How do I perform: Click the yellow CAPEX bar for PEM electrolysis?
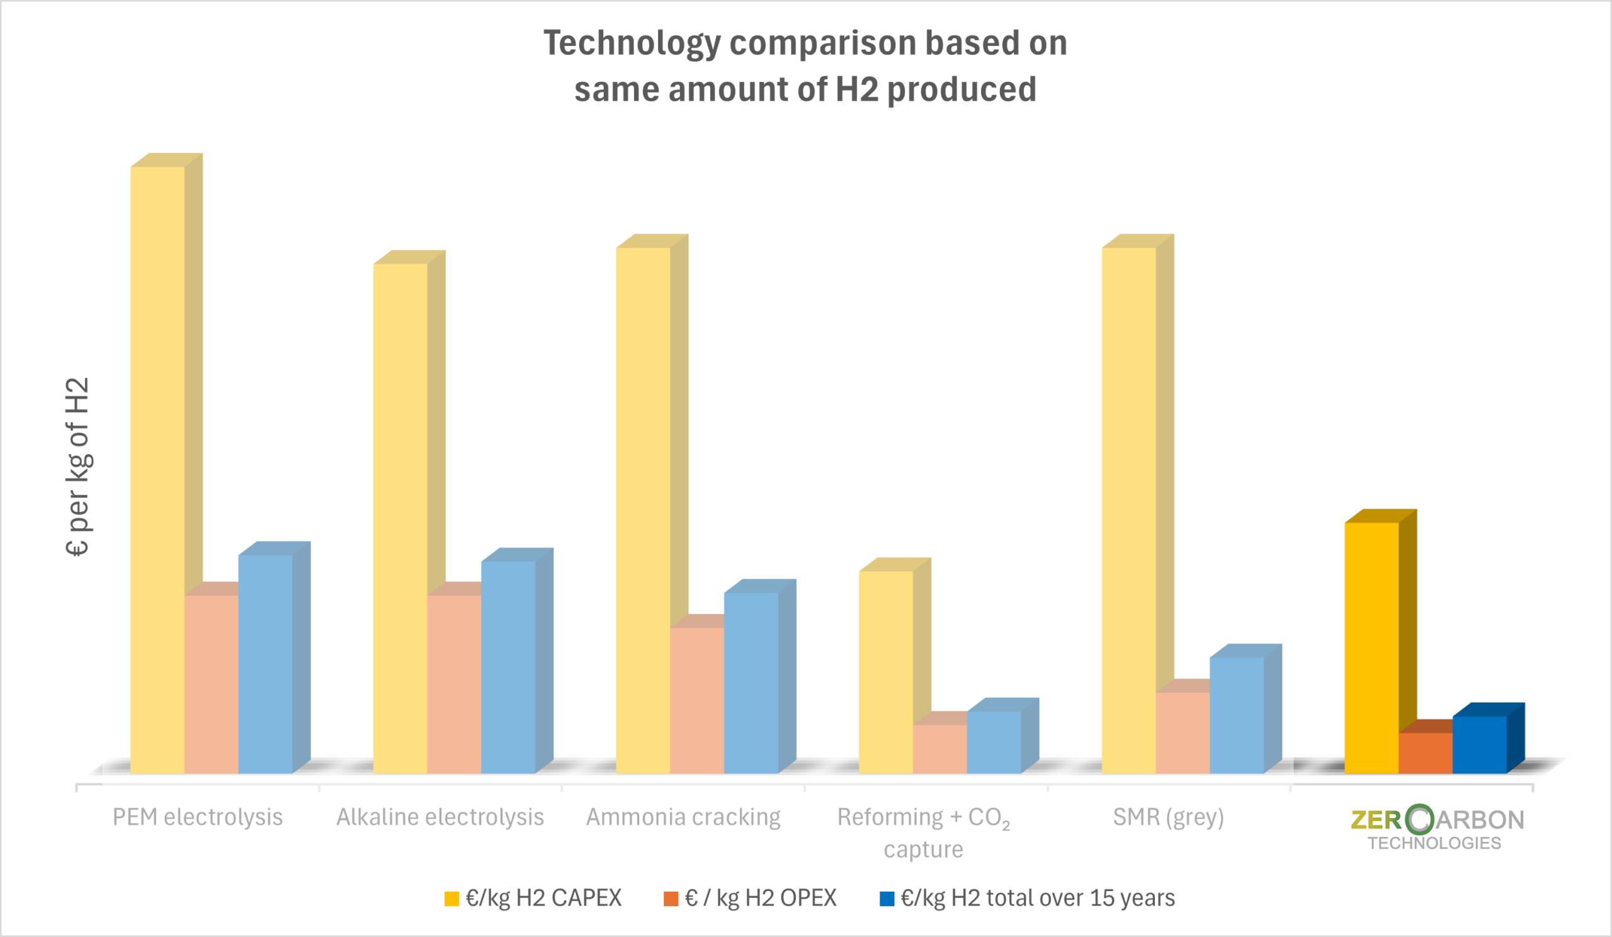coord(157,470)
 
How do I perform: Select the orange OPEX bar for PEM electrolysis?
coord(211,684)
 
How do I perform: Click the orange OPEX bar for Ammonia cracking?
coord(696,700)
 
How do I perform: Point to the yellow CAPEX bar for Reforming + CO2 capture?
coord(885,671)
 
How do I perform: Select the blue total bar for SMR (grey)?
coord(1237,715)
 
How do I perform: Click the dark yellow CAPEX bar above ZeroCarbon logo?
coord(1371,647)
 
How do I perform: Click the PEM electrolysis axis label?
coord(198,817)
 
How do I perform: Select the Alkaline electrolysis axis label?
coord(440,817)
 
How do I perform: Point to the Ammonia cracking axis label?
coord(683,817)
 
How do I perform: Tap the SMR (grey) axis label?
coord(1168,817)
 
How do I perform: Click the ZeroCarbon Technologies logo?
coord(1437,827)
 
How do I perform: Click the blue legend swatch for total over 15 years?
coord(887,899)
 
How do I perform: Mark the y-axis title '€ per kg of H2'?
coord(78,467)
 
